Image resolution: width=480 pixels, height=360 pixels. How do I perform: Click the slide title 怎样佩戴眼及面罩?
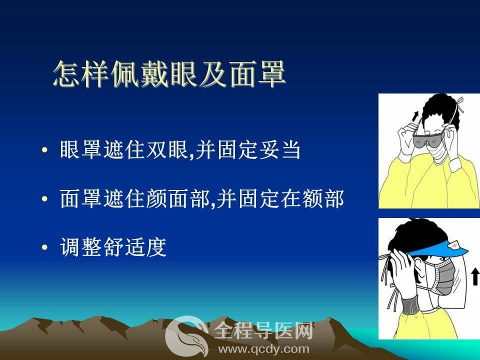click(169, 74)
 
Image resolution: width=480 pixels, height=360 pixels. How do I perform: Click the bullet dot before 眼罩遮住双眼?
click(44, 150)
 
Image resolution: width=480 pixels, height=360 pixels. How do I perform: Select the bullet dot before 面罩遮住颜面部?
click(44, 198)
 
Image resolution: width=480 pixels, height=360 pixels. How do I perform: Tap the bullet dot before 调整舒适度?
click(44, 247)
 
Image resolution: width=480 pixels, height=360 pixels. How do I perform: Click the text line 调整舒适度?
click(113, 247)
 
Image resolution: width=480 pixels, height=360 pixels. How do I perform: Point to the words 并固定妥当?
click(248, 150)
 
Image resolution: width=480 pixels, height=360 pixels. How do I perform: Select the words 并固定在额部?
click(280, 198)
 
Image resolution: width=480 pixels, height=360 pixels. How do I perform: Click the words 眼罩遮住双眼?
click(123, 150)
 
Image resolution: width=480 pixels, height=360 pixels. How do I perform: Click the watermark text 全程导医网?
click(263, 331)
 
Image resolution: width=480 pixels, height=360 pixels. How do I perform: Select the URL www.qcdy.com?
click(263, 349)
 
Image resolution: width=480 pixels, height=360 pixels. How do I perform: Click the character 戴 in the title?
click(155, 74)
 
